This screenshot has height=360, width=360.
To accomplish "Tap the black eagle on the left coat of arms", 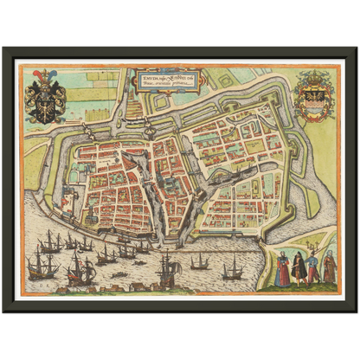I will pos(45,105).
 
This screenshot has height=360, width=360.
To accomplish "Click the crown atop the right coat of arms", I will pos(313,77).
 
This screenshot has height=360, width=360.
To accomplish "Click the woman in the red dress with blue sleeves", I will pos(282,270).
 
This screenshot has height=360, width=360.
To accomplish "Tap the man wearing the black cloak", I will pos(298,269).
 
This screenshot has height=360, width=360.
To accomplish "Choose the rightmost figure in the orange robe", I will pos(329,267).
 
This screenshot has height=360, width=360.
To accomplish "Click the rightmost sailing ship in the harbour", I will pos(232,270).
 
